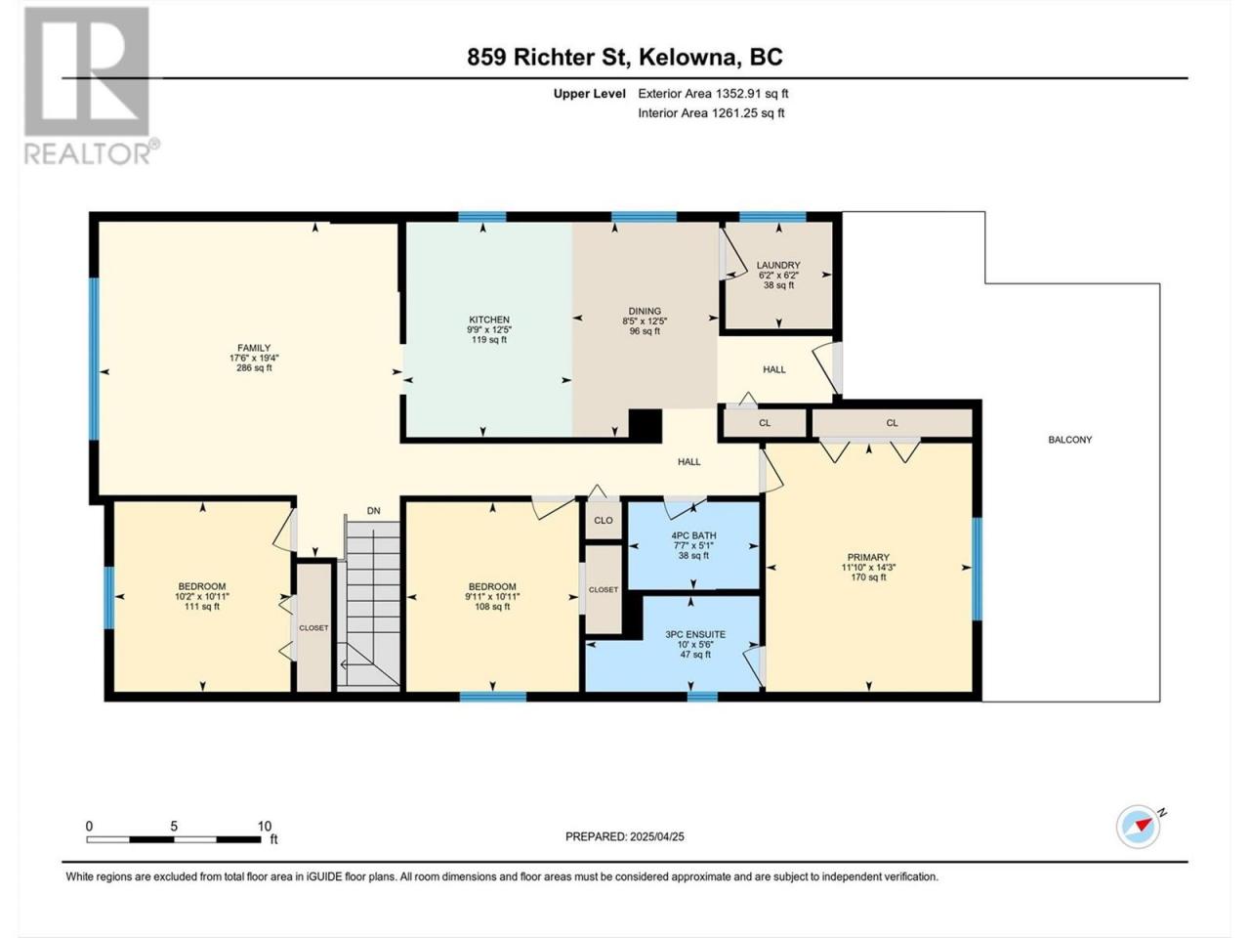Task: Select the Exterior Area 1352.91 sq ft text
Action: (713, 94)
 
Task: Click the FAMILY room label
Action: (254, 348)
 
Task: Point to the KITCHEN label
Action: (489, 320)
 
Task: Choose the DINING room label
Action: (645, 311)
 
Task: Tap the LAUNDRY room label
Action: (778, 265)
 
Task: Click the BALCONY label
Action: (1070, 440)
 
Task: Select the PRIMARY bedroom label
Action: (868, 557)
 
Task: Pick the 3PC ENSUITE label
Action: (695, 634)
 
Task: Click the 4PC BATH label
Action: (693, 535)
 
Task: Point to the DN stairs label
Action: (374, 511)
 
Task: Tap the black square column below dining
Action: (645, 425)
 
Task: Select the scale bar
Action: (174, 839)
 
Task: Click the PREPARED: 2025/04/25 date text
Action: (625, 836)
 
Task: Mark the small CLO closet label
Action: (604, 520)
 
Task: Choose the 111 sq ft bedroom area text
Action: (201, 607)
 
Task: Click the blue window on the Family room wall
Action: (94, 359)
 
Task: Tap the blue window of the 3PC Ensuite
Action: (702, 696)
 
